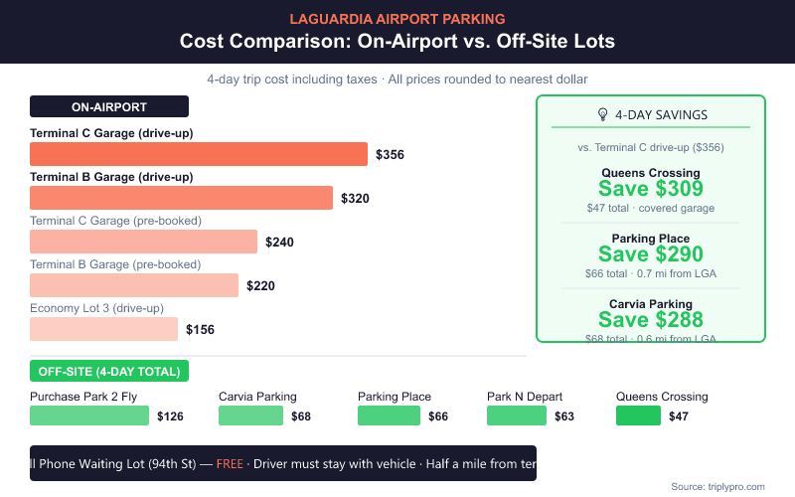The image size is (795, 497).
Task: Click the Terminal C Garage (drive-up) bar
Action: click(x=199, y=154)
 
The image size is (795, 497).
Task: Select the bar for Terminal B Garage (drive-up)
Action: click(x=181, y=198)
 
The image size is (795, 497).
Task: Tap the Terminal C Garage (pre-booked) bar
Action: click(x=144, y=242)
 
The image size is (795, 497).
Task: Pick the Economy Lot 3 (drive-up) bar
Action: click(x=103, y=329)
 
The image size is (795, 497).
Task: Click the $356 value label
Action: click(x=390, y=155)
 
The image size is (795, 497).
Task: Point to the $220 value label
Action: click(x=260, y=286)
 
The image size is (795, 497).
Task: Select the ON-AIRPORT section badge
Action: click(x=109, y=106)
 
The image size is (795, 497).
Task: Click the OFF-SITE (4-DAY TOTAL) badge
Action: click(x=109, y=372)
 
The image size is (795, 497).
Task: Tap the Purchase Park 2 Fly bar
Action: click(x=88, y=415)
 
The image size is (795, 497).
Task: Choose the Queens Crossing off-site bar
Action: click(x=638, y=415)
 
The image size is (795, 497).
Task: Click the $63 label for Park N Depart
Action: click(x=564, y=416)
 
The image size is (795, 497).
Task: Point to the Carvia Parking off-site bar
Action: click(x=250, y=415)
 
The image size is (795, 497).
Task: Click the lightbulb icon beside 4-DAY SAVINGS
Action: click(x=601, y=114)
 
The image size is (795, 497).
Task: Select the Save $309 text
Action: click(x=650, y=189)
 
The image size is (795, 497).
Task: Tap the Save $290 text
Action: click(x=650, y=254)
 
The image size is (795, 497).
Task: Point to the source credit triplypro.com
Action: click(x=717, y=486)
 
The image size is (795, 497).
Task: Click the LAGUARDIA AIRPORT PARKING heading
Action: click(x=397, y=19)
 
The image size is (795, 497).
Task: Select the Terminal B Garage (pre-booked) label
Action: click(x=115, y=264)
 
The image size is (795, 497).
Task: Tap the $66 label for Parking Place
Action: click(x=438, y=416)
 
